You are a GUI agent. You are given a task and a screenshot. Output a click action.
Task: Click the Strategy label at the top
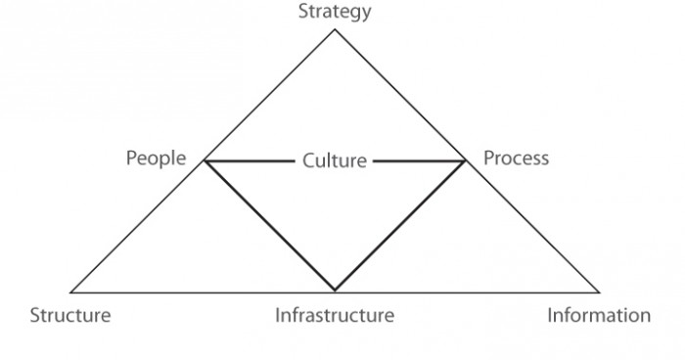point(335,12)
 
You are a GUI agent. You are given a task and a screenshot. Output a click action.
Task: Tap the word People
point(156,157)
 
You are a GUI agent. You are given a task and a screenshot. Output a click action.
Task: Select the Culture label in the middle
point(335,160)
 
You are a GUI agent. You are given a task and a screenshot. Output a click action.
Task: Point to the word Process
point(517,157)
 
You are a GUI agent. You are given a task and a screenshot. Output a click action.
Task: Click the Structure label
point(70,315)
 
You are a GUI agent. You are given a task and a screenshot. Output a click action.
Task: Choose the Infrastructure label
point(335,315)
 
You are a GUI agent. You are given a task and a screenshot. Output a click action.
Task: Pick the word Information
point(598,315)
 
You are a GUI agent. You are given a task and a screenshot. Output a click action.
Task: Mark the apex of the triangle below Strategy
point(335,29)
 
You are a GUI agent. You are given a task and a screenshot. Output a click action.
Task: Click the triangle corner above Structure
point(71,292)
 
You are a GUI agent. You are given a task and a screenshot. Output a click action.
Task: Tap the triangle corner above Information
point(599,292)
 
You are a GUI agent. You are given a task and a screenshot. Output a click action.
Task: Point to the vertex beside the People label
point(204,160)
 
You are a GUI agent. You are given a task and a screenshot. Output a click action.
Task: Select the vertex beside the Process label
point(466,160)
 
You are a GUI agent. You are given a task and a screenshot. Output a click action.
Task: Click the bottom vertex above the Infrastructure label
point(335,291)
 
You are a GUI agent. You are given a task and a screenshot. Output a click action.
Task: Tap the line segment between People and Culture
point(250,160)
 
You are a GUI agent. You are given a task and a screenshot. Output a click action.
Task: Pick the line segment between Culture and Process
point(419,160)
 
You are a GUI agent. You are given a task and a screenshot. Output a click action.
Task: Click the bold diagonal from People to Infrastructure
point(269,226)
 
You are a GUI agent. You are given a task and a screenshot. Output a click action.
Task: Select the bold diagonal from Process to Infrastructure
point(400,226)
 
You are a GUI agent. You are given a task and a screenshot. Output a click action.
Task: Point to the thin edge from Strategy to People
point(269,95)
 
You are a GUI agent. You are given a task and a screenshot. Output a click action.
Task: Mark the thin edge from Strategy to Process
point(400,95)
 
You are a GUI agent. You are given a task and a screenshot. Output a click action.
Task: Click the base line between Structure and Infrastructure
point(203,292)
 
